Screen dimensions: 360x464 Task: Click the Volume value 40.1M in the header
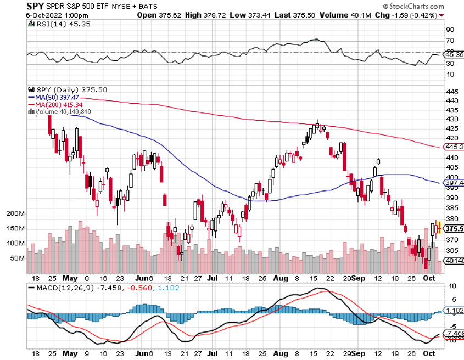click(344, 15)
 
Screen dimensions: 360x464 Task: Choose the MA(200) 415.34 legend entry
click(58, 104)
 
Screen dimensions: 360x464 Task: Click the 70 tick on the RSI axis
click(449, 41)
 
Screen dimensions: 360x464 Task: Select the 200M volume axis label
click(15, 213)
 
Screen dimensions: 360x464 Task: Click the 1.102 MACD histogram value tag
click(453, 311)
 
